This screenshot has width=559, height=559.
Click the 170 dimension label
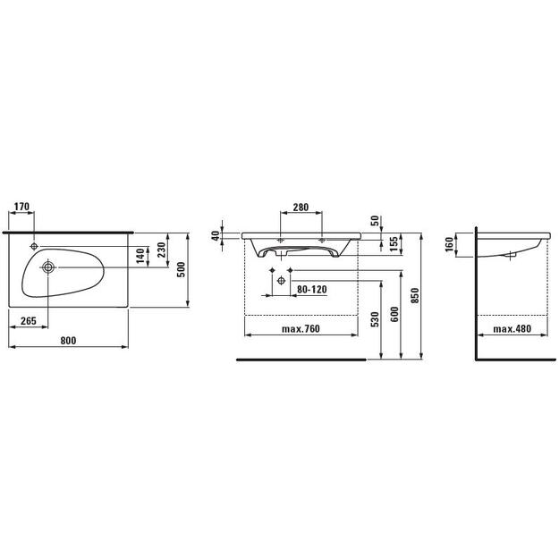click(21, 207)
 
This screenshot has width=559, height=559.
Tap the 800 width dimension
click(68, 341)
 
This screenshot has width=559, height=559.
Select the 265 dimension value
click(29, 321)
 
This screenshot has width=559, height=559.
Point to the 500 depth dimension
click(182, 269)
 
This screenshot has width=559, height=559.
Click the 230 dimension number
click(162, 250)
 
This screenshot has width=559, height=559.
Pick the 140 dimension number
click(140, 256)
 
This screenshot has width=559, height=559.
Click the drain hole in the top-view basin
click(47, 267)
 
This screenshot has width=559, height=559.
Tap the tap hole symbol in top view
click(34, 246)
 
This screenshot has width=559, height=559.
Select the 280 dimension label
click(301, 207)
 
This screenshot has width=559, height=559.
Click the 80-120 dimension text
click(312, 289)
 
